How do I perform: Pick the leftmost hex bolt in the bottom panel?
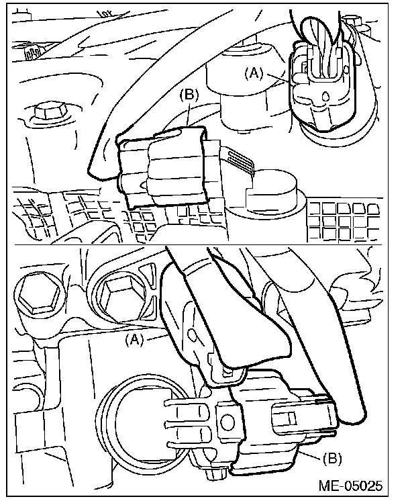coord(34,293)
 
